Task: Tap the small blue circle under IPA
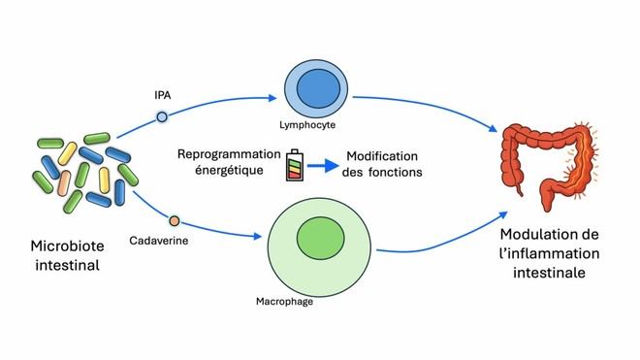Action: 163,116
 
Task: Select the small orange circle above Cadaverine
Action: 175,220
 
